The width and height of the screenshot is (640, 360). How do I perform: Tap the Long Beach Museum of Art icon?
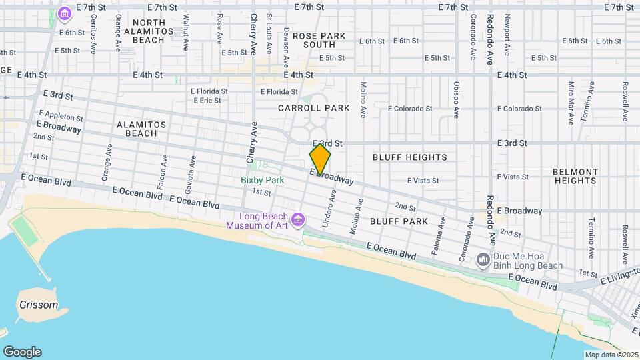point(298,219)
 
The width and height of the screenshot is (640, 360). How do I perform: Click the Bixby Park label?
point(262,180)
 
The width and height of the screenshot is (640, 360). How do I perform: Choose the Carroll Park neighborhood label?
point(313,107)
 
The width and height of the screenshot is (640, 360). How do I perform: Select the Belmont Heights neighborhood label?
point(574,176)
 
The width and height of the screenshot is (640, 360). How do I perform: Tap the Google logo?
point(22,351)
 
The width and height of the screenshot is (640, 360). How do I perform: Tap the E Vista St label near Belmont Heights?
point(513,177)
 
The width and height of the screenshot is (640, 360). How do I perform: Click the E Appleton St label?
point(61,116)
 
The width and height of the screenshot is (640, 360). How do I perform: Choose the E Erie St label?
point(206,101)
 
